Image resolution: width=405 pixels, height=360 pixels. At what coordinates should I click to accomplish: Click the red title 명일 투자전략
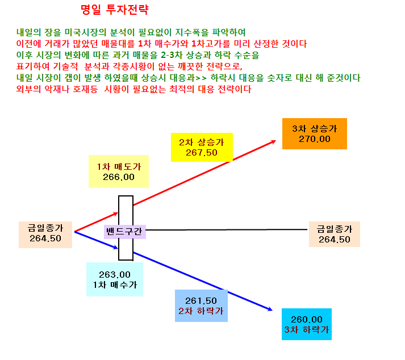pyautogui.click(x=114, y=10)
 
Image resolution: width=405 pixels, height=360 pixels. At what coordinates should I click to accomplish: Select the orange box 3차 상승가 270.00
pyautogui.click(x=314, y=133)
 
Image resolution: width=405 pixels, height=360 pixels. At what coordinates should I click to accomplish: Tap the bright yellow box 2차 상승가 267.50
pyautogui.click(x=202, y=147)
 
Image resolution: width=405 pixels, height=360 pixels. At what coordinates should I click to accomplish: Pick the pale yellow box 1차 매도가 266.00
pyautogui.click(x=119, y=171)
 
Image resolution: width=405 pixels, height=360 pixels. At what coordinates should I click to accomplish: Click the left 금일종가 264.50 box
pyautogui.click(x=45, y=235)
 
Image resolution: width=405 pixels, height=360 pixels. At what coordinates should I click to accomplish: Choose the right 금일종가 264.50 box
pyautogui.click(x=334, y=234)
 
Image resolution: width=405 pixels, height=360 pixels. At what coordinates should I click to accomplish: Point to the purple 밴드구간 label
pyautogui.click(x=124, y=232)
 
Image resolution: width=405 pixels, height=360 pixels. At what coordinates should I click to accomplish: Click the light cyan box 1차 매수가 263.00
pyautogui.click(x=115, y=279)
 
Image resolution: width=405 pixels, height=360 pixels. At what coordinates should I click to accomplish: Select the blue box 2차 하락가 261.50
pyautogui.click(x=201, y=305)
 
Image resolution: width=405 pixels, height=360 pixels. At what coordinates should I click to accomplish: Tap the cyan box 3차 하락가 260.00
pyautogui.click(x=307, y=324)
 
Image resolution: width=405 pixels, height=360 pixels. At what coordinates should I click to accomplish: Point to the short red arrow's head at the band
pyautogui.click(x=117, y=214)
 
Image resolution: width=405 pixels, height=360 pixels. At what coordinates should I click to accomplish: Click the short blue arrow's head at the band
pyautogui.click(x=116, y=248)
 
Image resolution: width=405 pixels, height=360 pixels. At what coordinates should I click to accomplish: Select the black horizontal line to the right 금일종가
pyautogui.click(x=227, y=229)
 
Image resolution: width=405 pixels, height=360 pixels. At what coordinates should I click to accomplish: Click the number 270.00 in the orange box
pyautogui.click(x=314, y=139)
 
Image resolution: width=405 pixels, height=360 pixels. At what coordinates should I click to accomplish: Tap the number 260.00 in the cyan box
pyautogui.click(x=307, y=320)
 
